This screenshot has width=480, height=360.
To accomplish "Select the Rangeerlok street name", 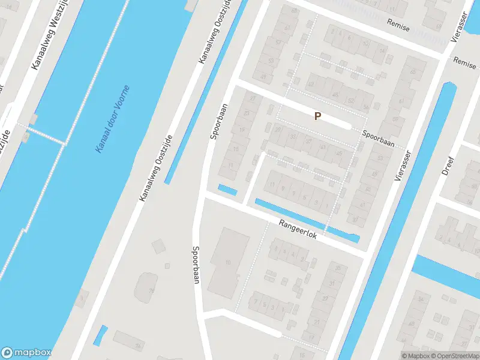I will point(298,230).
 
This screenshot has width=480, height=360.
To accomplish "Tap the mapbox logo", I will point(26,353).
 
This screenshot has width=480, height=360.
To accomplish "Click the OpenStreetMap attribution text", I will point(454,356).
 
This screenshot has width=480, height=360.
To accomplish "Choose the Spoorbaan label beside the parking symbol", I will point(378,139).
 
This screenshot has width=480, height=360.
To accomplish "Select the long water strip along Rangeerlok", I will point(306,220).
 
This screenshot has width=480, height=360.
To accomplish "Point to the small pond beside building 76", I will point(101,335).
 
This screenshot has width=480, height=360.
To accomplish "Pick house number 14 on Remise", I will point(382,52).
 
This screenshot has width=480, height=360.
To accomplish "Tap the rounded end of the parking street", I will point(347,125).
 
